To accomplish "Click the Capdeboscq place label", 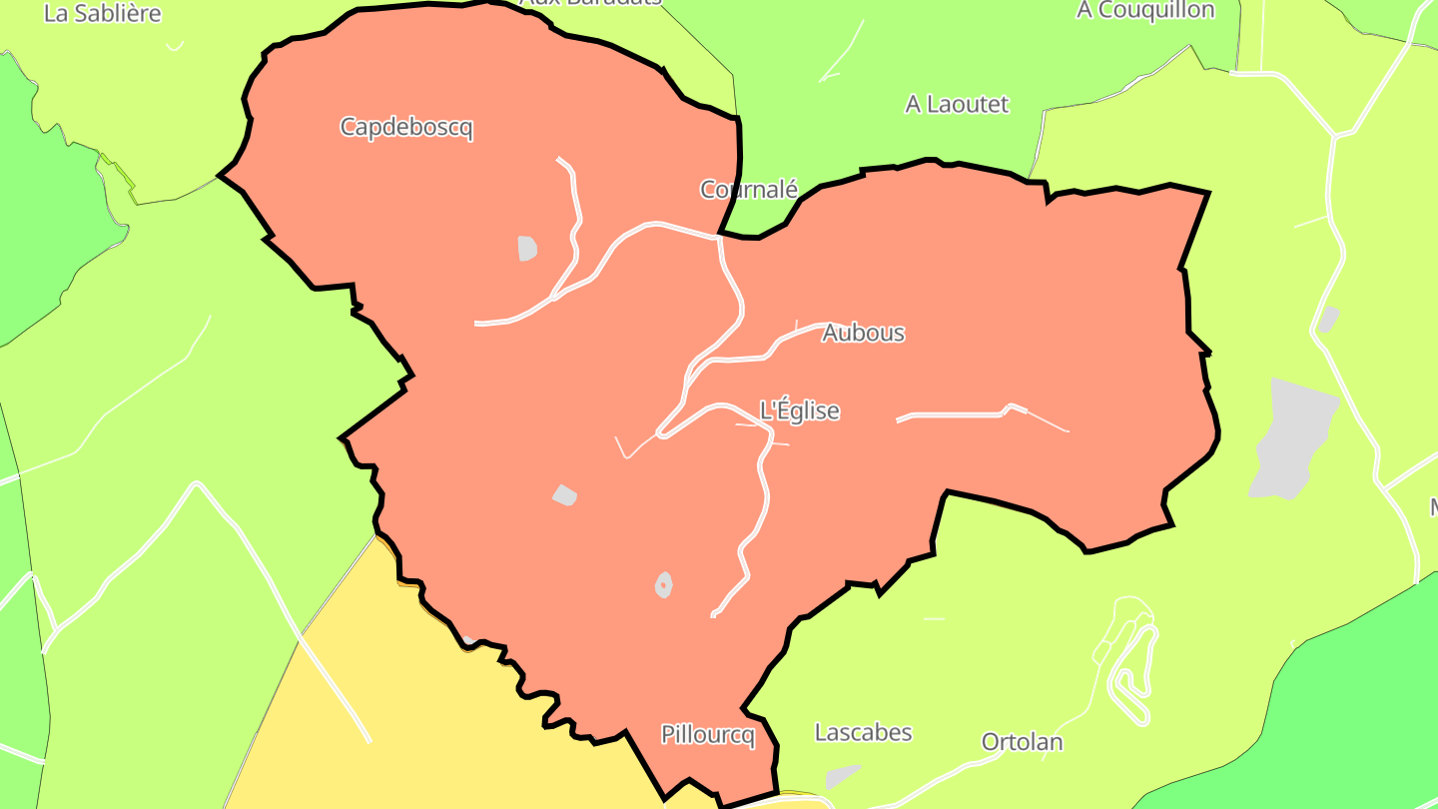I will tap(405, 128).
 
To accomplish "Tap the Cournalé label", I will tap(749, 189).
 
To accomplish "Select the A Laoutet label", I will tap(957, 104).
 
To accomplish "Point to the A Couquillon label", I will tap(1144, 10).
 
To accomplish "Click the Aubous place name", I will tap(863, 334).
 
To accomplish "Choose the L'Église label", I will tap(799, 410).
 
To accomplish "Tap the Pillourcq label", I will tap(707, 735).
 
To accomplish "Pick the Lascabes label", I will tap(863, 732).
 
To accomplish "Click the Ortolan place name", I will tap(1022, 742).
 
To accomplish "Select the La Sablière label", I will tap(103, 13).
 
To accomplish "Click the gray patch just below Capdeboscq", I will tap(527, 248).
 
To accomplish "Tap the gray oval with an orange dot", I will tap(663, 584).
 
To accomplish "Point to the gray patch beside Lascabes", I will tap(842, 776).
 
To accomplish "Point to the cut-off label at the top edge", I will tap(589, 3).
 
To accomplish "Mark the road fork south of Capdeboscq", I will tap(555, 297).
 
